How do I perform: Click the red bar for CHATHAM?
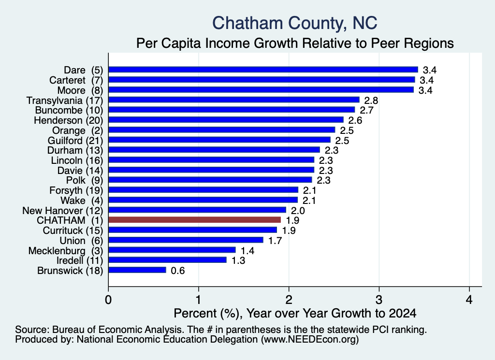pos(194,220)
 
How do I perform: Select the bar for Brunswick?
pos(137,270)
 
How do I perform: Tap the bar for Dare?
pos(263,70)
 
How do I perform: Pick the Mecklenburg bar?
pos(172,250)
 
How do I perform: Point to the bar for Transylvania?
pos(233,100)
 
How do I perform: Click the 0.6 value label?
pos(178,271)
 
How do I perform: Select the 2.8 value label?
pos(371,101)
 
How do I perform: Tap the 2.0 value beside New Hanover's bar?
pos(298,211)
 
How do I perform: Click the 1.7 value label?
pos(275,241)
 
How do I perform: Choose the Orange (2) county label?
pos(78,130)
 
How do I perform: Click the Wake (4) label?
pos(82,201)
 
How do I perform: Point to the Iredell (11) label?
pos(80,260)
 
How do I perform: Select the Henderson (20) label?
pos(69,120)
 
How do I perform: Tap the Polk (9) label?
pos(85,180)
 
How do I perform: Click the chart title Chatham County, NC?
pos(294,23)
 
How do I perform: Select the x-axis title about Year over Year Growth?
pos(295,313)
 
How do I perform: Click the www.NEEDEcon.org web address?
pos(310,339)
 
